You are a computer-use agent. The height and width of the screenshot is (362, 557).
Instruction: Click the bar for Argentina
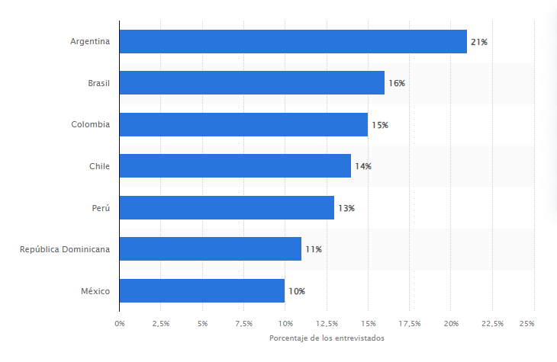click(293, 42)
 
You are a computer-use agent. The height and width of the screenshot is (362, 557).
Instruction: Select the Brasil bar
click(252, 83)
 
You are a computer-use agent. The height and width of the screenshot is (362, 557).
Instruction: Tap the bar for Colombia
click(243, 124)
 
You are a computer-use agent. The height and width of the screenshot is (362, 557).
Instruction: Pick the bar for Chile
click(235, 166)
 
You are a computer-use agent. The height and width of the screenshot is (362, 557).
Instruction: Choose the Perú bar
click(227, 207)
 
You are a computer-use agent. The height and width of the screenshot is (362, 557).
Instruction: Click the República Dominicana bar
click(211, 248)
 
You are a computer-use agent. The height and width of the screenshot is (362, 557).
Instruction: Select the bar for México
click(202, 290)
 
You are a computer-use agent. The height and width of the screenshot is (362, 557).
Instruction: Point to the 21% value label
click(479, 42)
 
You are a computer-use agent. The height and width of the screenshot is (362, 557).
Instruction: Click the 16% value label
click(397, 83)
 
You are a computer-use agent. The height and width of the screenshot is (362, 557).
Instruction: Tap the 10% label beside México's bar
click(297, 290)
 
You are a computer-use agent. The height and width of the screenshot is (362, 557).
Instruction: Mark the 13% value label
click(346, 207)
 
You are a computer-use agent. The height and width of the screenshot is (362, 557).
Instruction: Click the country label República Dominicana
click(65, 248)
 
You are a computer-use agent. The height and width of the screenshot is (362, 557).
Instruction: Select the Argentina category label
click(90, 42)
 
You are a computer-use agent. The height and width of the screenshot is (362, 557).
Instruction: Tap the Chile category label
click(99, 166)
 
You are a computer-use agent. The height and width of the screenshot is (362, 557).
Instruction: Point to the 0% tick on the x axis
click(120, 324)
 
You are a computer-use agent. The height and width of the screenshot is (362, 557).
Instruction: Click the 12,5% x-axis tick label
click(326, 324)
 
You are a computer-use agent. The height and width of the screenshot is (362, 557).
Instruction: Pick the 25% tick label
click(527, 324)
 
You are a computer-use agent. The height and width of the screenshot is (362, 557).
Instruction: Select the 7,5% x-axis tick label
click(243, 324)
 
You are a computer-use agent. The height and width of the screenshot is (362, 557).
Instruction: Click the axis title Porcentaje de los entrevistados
click(327, 338)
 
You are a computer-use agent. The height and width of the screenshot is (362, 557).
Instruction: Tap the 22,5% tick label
click(492, 324)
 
